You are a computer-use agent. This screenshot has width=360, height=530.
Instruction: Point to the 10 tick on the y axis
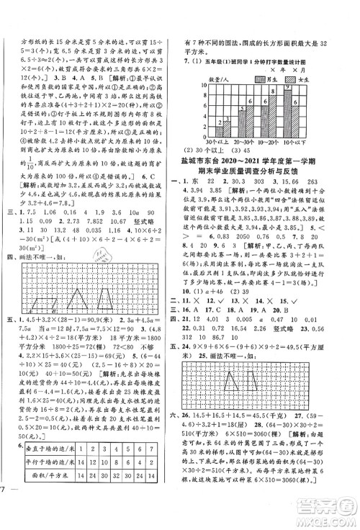[204, 84]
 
